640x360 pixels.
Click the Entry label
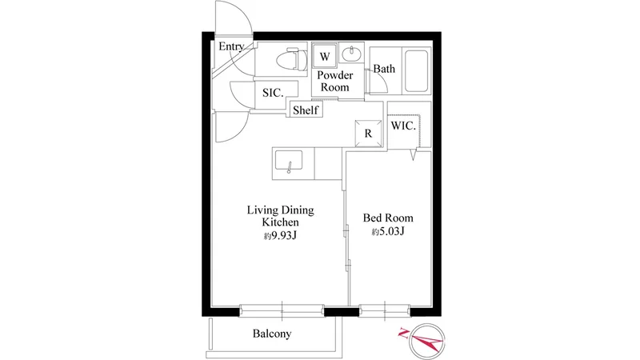pos(231,47)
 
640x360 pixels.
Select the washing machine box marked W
pos(325,56)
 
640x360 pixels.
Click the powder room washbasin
pos(351,54)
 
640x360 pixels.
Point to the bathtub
pos(416,71)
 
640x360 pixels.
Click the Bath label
pos(384,69)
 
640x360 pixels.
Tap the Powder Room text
pos(335,82)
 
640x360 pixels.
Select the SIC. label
pos(273,93)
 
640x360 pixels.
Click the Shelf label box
pos(306,110)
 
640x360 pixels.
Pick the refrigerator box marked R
pos(368,134)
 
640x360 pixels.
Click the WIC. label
pos(403,126)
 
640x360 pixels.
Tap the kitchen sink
pos(289,162)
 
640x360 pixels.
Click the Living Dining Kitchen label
pos(281,216)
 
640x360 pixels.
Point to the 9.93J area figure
pos(279,236)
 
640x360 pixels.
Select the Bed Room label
pos(388,218)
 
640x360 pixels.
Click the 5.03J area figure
pos(388,232)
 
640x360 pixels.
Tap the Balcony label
pos(272,334)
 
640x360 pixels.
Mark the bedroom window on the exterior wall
pos(385,310)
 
